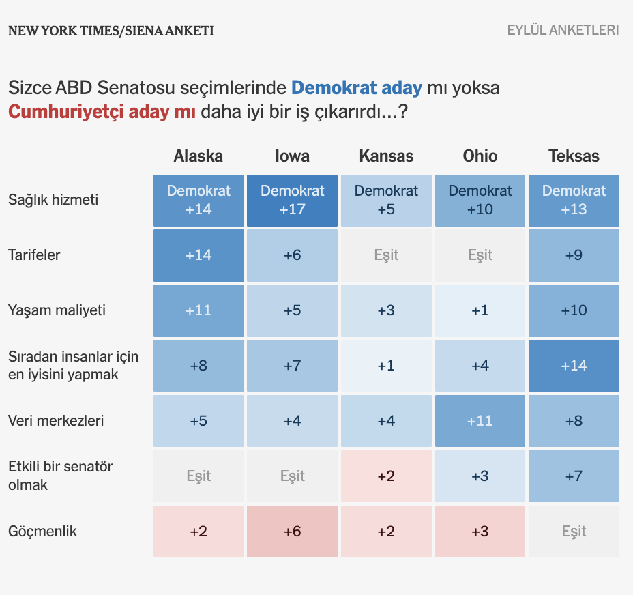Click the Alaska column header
pos(198,156)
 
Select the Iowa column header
pos(292,156)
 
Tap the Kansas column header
pos(386,156)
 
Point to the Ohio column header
pos(480,156)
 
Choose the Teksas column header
pos(574,156)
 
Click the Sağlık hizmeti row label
pos(53,200)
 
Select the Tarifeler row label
pos(34,255)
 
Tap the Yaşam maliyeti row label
pos(57,310)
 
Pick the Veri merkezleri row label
pos(56,421)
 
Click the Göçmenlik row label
pos(42,532)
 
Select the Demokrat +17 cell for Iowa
pos(292,201)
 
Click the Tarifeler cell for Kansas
pos(386,255)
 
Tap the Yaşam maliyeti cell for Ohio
pos(480,310)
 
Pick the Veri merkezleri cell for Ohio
pos(480,421)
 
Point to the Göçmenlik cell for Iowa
pos(292,532)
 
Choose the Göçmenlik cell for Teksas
pos(574,532)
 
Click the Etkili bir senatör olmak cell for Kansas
pos(386,476)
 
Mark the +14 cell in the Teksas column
pos(574,366)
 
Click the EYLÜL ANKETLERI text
pos(563,30)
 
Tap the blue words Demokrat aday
pos(357,87)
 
